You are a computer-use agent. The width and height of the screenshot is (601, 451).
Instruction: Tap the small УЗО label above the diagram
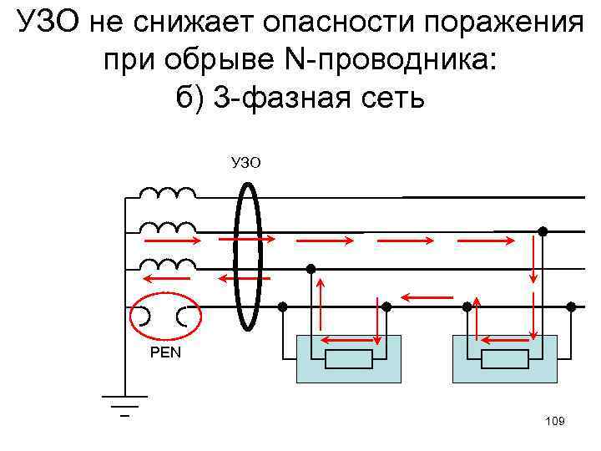[246, 161]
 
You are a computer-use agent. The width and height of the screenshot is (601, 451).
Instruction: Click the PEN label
[165, 352]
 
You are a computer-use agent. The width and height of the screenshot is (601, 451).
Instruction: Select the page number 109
[554, 422]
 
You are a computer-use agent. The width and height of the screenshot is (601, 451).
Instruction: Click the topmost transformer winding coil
[167, 195]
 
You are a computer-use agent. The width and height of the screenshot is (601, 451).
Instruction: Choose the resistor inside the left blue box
[348, 360]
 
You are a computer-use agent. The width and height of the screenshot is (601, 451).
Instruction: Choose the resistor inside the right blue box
[505, 360]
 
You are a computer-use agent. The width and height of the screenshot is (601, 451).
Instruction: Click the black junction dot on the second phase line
[542, 231]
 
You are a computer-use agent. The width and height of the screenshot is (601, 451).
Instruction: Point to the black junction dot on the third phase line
[311, 269]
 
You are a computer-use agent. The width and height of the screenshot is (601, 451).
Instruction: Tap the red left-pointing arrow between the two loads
[427, 296]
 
